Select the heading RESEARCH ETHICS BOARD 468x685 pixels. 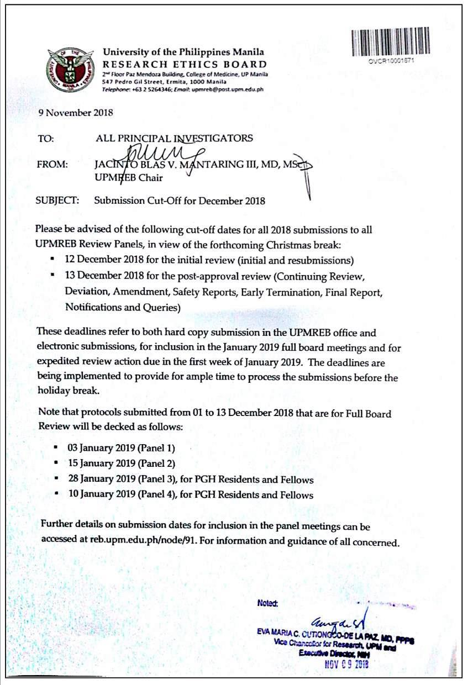[x=185, y=65]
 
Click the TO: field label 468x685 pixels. [x=45, y=138]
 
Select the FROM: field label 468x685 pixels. [x=52, y=164]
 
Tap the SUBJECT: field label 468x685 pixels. [x=57, y=201]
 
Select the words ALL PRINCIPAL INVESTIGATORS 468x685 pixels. [x=173, y=138]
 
